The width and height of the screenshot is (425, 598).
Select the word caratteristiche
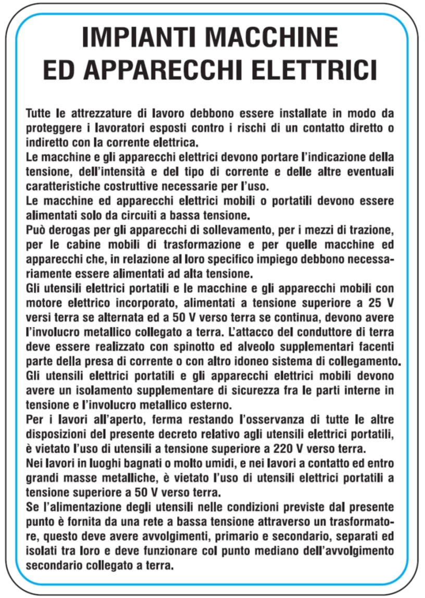coord(61,186)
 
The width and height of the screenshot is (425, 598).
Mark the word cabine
coord(78,244)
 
